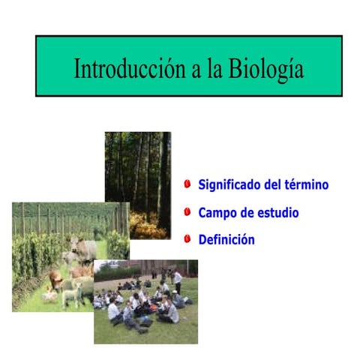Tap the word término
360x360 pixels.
(x=306, y=184)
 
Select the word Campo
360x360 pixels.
(x=217, y=213)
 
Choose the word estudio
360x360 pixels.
(x=277, y=213)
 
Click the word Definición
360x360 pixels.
(x=226, y=240)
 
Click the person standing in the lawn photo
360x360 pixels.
(x=178, y=280)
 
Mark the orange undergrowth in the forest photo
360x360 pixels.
(x=145, y=224)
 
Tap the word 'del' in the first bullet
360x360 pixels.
(x=274, y=184)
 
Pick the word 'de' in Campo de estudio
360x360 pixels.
(x=249, y=213)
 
